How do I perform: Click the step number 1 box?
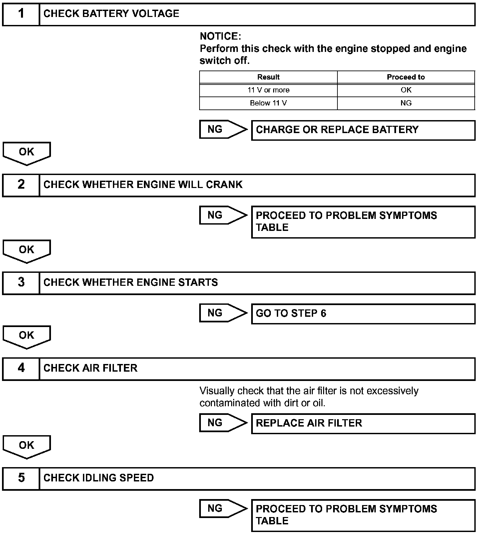click(21, 14)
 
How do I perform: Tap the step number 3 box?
click(21, 283)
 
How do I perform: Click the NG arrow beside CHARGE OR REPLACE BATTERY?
click(223, 129)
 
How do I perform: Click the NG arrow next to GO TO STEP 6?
click(223, 313)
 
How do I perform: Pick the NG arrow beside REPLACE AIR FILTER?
click(223, 423)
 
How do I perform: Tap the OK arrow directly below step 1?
click(27, 153)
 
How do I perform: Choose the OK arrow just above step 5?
click(27, 446)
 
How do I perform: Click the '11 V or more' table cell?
click(268, 90)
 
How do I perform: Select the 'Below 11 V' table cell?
click(268, 103)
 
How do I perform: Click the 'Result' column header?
click(268, 77)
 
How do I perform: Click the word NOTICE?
click(220, 36)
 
